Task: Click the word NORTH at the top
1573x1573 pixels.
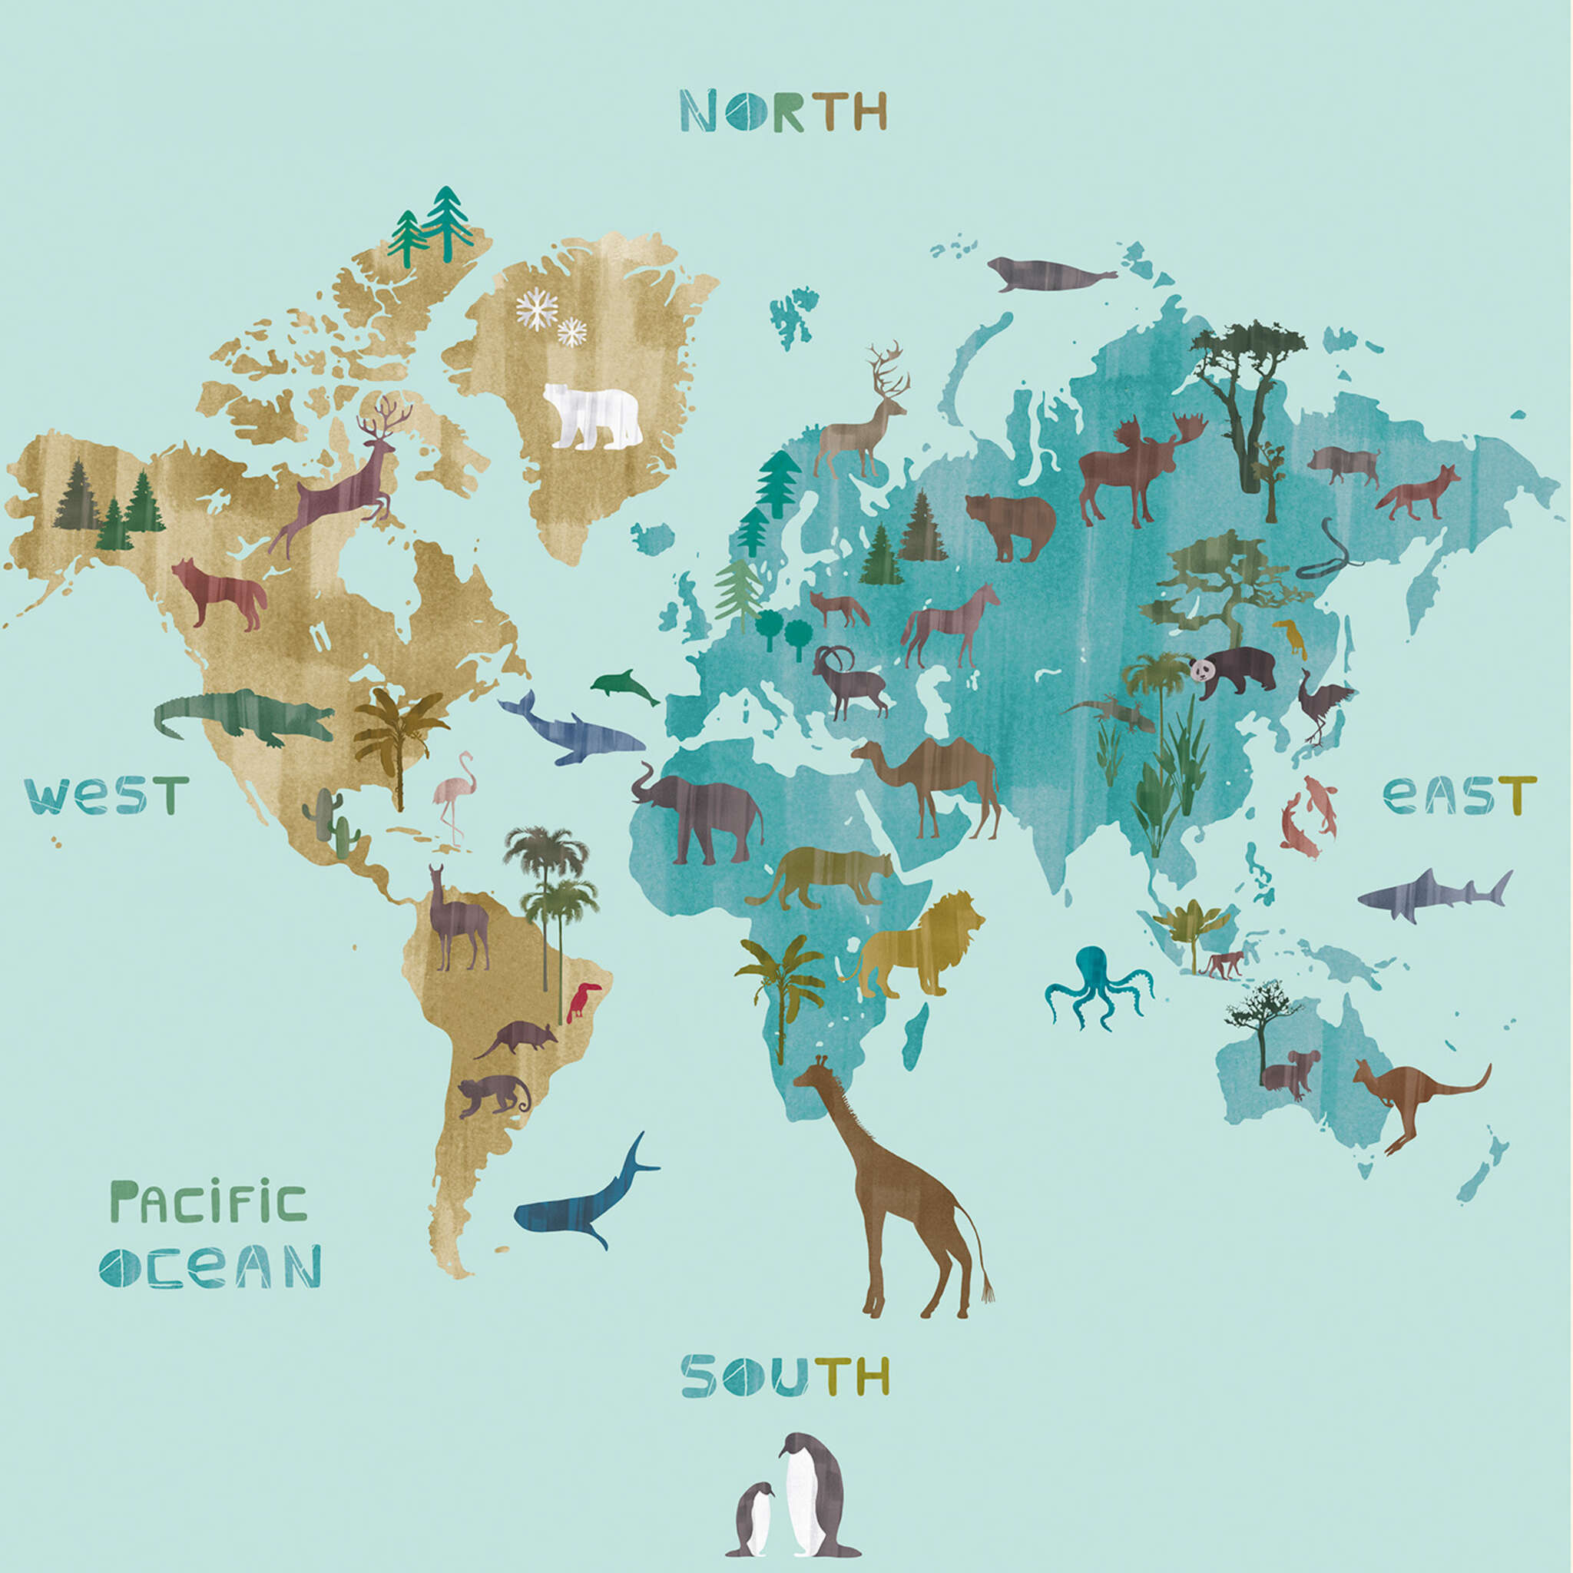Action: tap(783, 111)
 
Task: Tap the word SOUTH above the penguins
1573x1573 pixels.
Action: tap(784, 1375)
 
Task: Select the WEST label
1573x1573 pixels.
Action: tap(107, 795)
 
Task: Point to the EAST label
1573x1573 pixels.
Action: tap(1459, 795)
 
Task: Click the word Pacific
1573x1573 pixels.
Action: tap(209, 1204)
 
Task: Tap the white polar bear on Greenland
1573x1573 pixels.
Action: tap(591, 416)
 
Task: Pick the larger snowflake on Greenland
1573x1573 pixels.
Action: tap(537, 309)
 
